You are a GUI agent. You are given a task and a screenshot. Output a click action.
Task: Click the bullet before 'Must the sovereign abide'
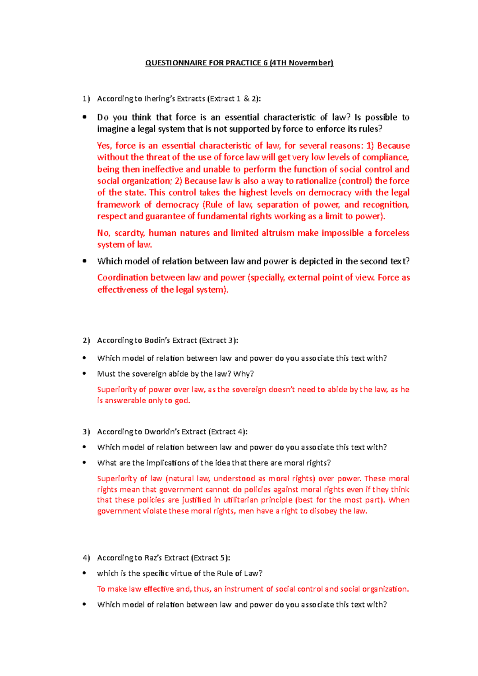84,374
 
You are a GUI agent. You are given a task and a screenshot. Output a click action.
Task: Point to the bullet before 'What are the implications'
84,463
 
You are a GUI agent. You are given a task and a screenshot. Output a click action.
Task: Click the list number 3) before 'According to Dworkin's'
86,432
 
